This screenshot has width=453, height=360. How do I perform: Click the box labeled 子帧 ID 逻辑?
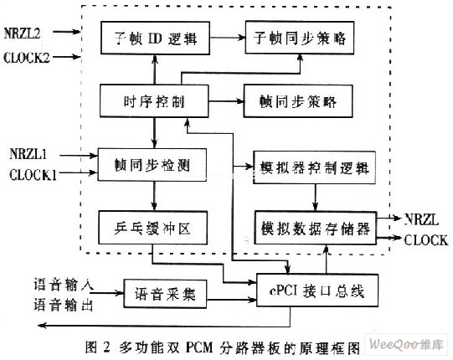point(155,38)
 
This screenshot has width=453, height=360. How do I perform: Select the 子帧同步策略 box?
point(300,38)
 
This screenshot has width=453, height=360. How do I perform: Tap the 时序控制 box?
point(154,100)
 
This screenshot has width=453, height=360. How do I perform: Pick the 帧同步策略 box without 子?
point(298,101)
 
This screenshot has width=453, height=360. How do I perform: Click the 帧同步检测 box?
point(152,165)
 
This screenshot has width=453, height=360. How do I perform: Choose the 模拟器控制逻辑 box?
point(315,167)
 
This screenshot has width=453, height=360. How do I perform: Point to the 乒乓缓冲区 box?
point(153,228)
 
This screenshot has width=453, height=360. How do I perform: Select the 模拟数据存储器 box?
point(316,229)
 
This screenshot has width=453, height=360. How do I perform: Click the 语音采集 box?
point(165,294)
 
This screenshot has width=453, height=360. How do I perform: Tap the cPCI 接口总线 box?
point(317,291)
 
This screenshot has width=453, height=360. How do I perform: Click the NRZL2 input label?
point(23,33)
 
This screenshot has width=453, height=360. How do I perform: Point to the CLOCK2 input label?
point(27,58)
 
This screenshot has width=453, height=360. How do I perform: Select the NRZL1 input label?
point(28,154)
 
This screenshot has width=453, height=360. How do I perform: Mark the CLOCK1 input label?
point(33,175)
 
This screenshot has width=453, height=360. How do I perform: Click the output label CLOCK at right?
point(426,240)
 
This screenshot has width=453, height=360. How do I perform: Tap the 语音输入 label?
point(64,285)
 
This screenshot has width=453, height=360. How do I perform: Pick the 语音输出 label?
point(64,305)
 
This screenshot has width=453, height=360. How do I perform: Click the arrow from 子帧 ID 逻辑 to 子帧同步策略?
point(228,38)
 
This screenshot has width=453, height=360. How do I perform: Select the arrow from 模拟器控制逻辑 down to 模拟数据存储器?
point(315,198)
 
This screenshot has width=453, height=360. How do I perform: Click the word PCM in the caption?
point(199,347)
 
